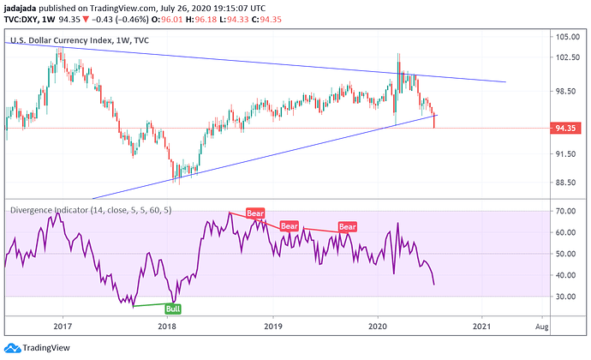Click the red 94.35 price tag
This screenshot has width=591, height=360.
[x=565, y=129]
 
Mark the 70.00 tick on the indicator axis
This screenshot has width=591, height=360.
[x=563, y=211]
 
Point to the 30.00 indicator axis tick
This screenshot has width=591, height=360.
[x=563, y=297]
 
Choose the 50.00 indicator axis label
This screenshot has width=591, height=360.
[x=563, y=254]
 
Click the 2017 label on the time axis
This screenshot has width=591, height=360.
[x=62, y=327]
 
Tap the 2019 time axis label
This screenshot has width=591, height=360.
[x=272, y=327]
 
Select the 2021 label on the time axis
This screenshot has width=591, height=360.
[x=482, y=327]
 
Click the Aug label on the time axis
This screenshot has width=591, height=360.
[x=541, y=327]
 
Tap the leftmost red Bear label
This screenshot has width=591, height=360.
[x=255, y=213]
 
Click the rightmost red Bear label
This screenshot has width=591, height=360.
[x=346, y=226]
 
